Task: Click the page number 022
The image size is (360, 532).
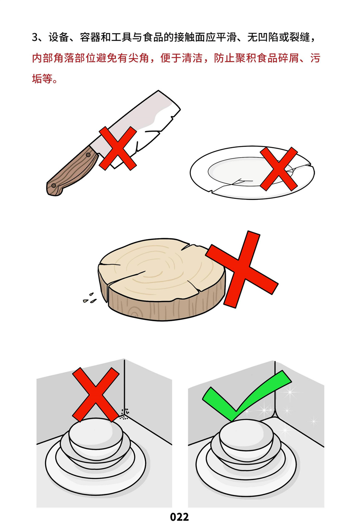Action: tap(179, 517)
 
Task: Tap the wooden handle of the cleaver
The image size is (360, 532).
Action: tap(71, 171)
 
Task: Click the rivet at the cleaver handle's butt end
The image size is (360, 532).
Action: tap(54, 185)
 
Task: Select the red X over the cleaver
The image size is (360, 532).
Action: tap(118, 148)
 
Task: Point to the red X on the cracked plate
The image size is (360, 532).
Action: tap(279, 169)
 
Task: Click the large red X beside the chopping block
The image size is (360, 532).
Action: tap(242, 269)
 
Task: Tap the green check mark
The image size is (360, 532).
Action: tap(247, 396)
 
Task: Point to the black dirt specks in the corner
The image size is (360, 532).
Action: tap(124, 414)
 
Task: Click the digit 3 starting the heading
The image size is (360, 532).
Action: tap(35, 37)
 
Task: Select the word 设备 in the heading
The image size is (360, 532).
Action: tap(59, 37)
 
